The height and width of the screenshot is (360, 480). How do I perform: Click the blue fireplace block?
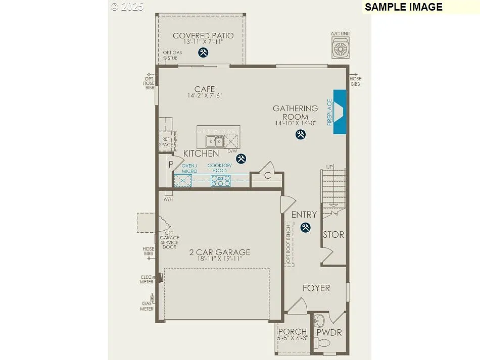coord(340,112)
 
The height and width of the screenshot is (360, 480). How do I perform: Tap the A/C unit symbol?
coord(341,48)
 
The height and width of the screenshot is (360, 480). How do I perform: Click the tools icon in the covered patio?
coord(203,53)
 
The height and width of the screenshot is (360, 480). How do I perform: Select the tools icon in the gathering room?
coord(301,134)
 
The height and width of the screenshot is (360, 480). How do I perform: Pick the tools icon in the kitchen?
coord(242,159)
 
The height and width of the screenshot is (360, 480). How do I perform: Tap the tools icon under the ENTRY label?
coord(305,228)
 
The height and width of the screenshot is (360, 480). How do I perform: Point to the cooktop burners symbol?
coord(221,181)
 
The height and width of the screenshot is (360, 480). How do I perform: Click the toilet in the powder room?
coord(322,343)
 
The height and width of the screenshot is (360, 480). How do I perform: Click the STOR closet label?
coord(333,235)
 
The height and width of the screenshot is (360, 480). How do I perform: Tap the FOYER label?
coord(316,288)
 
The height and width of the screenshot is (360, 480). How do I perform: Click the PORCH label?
coord(292,332)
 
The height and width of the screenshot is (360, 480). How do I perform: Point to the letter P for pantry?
coord(171,165)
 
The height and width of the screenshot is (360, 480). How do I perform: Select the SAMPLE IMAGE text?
coord(403,7)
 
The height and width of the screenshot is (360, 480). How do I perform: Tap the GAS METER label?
coord(147,306)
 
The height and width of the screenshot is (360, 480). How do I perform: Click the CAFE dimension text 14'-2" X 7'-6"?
coord(205,95)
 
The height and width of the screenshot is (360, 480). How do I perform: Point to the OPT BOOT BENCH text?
coord(289,244)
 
